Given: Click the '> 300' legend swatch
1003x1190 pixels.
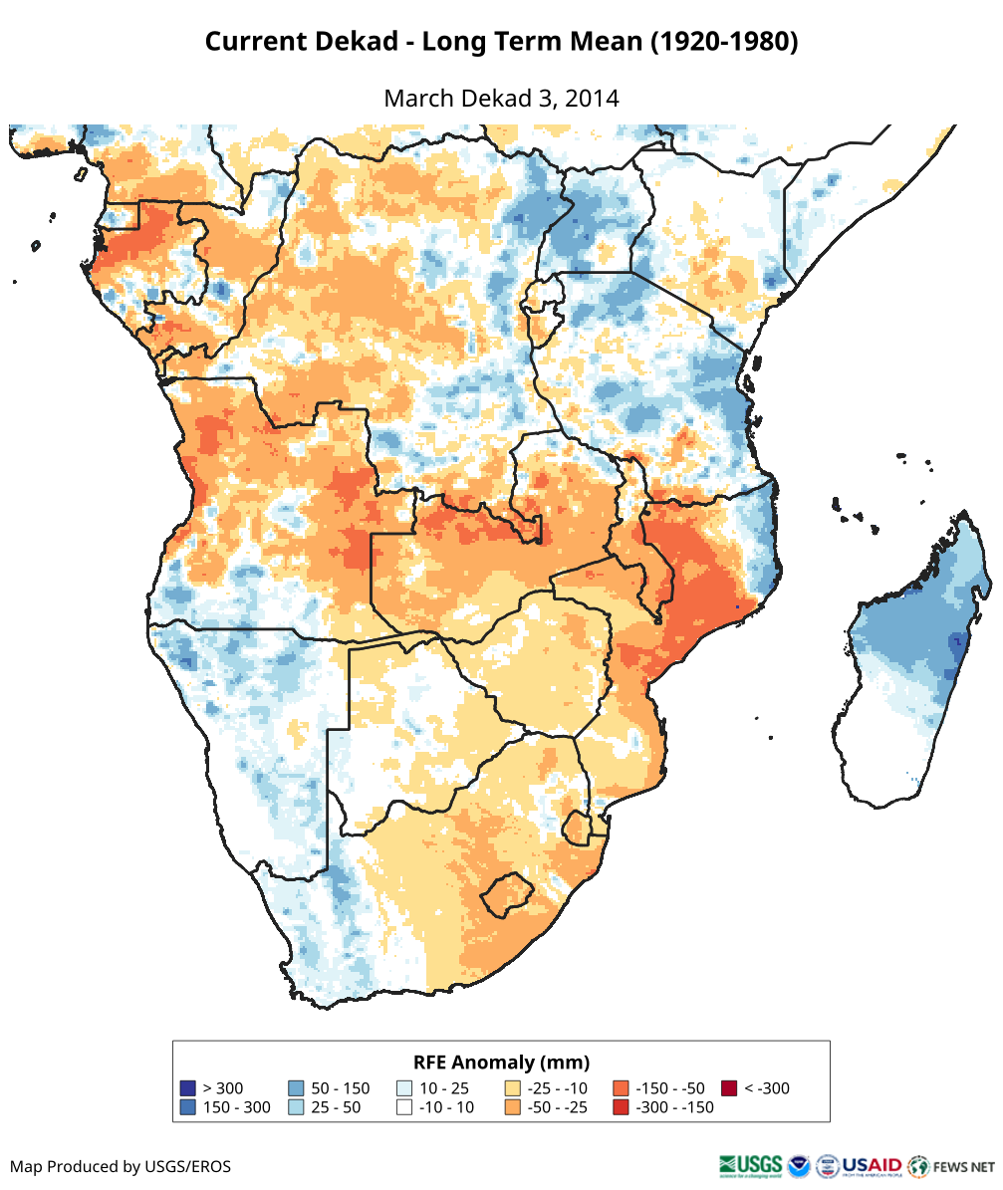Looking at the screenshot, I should click(x=186, y=1088).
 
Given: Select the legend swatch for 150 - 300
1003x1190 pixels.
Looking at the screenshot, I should click(x=186, y=1107).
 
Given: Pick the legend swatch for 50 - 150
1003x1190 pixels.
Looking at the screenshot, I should click(x=295, y=1088).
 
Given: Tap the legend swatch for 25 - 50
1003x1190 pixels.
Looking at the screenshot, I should click(x=295, y=1107).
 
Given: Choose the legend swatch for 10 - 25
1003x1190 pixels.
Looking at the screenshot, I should click(x=403, y=1088).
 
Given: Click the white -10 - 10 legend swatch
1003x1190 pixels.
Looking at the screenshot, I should click(x=403, y=1107).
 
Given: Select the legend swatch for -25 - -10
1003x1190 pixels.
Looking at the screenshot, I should click(x=512, y=1088).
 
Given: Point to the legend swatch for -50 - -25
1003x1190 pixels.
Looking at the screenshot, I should click(x=512, y=1107).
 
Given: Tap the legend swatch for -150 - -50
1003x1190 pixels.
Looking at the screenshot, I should click(x=621, y=1088).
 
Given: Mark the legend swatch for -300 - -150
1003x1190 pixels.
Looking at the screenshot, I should click(x=621, y=1107).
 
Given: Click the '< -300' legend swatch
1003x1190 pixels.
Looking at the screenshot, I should click(x=729, y=1088).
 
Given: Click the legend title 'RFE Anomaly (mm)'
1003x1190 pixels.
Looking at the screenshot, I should click(x=501, y=1062).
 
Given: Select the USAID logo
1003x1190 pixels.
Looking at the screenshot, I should click(x=872, y=1165).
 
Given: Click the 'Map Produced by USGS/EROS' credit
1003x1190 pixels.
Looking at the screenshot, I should click(x=121, y=1166).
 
